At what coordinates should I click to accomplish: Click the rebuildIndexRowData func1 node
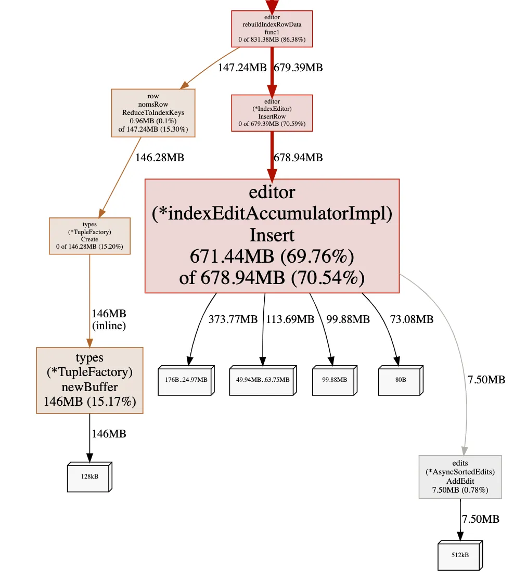[x=272, y=29]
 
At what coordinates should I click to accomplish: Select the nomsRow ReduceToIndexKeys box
[x=153, y=113]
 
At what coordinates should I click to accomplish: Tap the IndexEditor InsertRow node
[x=272, y=113]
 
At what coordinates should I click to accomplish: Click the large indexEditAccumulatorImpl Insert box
[x=272, y=236]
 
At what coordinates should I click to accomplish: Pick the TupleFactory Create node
[x=89, y=236]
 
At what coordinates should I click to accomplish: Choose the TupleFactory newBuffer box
[x=89, y=380]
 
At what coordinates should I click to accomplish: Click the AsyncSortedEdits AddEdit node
[x=460, y=477]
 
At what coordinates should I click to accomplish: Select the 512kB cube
[x=459, y=556]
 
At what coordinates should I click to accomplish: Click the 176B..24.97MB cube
[x=186, y=380]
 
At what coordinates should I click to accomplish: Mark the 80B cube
[x=400, y=380]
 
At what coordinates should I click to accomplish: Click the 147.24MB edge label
[x=242, y=68]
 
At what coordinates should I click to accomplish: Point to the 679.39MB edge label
[x=298, y=68]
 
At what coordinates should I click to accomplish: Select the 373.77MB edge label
[x=233, y=319]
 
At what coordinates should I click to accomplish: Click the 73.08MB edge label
[x=412, y=319]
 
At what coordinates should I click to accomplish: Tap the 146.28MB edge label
[x=159, y=157]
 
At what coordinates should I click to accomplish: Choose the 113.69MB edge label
[x=290, y=319]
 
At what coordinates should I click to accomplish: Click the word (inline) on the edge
[x=109, y=326]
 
